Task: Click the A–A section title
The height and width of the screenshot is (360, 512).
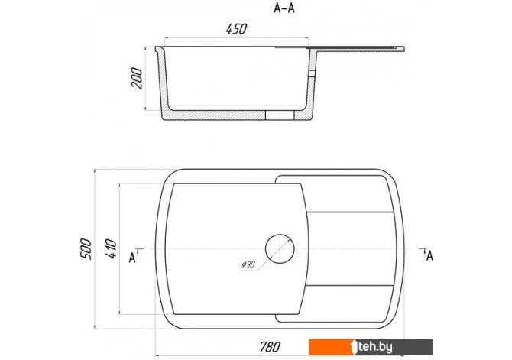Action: click(284, 8)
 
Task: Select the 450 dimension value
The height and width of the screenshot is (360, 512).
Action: click(236, 29)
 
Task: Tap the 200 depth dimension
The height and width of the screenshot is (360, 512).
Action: click(137, 79)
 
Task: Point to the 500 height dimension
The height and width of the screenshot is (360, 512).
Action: click(86, 249)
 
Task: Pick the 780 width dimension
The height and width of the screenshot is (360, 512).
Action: click(270, 347)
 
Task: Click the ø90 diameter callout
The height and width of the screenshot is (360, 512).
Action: click(248, 264)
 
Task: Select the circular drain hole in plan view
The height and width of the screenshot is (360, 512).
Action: click(280, 248)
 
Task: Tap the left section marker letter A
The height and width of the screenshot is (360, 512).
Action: click(132, 258)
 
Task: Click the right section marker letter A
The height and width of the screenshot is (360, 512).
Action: click(429, 255)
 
